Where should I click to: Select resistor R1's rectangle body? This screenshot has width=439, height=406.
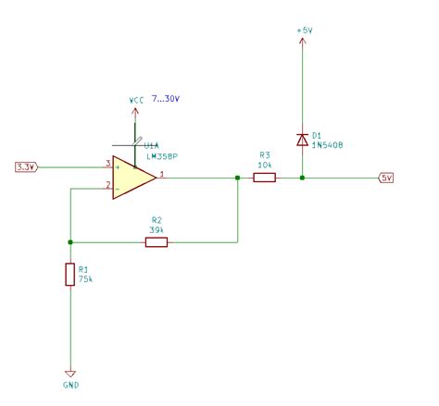(69, 274)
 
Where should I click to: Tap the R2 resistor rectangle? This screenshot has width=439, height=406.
(157, 242)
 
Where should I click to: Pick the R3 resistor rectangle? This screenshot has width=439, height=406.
(265, 178)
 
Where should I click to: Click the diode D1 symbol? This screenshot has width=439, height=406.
(302, 140)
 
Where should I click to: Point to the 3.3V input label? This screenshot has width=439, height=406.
(26, 166)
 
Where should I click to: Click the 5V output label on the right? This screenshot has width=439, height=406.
(387, 178)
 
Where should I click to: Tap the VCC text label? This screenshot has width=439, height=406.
(137, 99)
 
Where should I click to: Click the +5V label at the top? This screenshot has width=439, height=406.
(304, 31)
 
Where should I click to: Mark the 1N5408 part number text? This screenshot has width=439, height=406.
(329, 146)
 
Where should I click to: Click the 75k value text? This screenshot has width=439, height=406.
(85, 278)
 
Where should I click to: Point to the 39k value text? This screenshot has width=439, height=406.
(157, 231)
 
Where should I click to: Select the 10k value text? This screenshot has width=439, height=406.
(265, 164)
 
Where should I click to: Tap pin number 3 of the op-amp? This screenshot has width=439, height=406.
(107, 163)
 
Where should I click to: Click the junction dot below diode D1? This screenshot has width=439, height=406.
(302, 178)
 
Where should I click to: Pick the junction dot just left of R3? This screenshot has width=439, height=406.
(238, 178)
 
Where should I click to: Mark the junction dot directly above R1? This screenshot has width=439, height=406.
(69, 242)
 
